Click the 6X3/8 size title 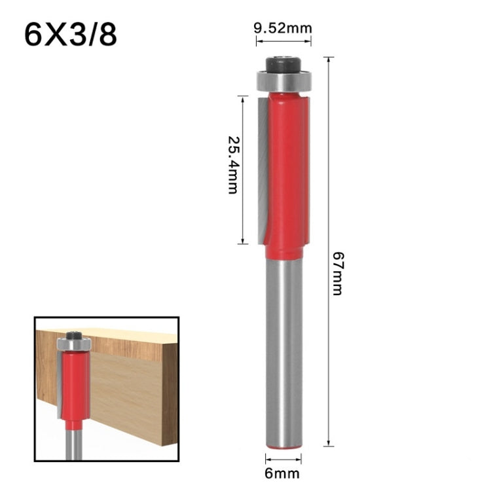point(71,35)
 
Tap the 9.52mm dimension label point(283,28)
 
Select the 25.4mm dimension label point(233,164)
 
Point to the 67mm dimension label point(337,272)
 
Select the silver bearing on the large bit point(283,82)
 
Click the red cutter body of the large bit point(288,170)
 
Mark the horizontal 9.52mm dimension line point(283,41)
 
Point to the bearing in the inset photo point(73,344)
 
